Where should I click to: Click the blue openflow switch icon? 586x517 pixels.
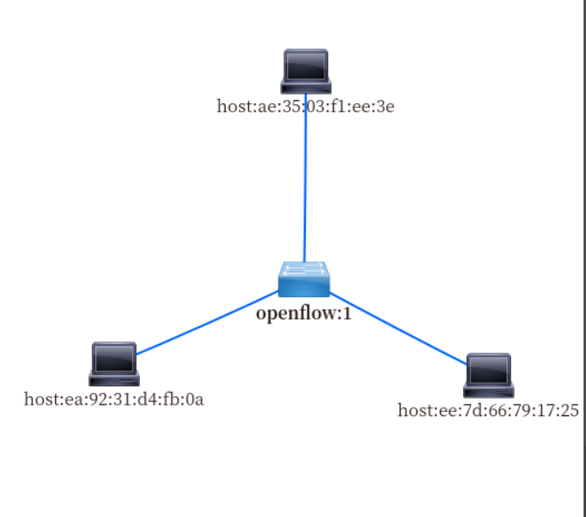[303, 279]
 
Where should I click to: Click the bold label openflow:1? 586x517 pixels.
[303, 313]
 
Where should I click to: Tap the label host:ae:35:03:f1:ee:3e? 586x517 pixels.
[306, 107]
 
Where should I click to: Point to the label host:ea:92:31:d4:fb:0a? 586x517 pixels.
[114, 398]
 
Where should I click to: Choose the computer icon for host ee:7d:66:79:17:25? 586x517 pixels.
[489, 375]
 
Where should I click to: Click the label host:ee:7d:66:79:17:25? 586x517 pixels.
[488, 411]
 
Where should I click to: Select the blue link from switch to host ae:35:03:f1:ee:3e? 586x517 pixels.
[305, 178]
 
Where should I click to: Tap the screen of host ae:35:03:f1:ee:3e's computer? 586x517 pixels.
[306, 65]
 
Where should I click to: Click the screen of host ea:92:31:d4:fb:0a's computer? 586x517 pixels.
[114, 357]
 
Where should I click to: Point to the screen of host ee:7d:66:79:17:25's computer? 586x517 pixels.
[489, 369]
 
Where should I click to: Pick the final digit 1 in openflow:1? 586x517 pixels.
[346, 313]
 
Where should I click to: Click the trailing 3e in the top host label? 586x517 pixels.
[386, 107]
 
